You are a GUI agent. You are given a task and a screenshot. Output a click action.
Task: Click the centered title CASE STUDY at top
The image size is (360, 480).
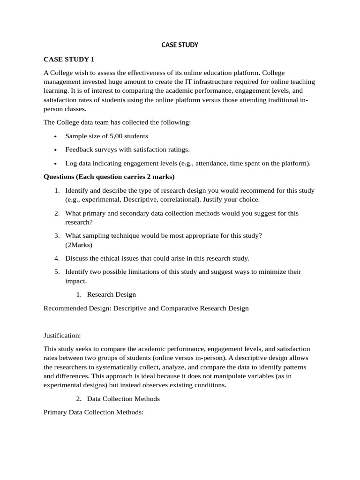(180, 45)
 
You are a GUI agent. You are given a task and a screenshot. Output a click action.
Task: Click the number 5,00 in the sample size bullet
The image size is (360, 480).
(110, 136)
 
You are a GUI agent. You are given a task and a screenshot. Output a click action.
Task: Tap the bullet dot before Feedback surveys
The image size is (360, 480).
(55, 150)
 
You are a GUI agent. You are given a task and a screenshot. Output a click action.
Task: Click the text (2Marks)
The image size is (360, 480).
(79, 245)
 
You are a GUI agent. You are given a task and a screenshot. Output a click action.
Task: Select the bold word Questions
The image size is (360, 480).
(60, 177)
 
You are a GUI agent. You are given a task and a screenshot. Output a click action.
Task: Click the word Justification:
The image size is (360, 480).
(62, 336)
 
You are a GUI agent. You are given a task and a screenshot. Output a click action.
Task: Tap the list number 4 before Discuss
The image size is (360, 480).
(57, 258)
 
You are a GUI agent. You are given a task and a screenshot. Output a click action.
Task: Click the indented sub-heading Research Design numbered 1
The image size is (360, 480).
(111, 294)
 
